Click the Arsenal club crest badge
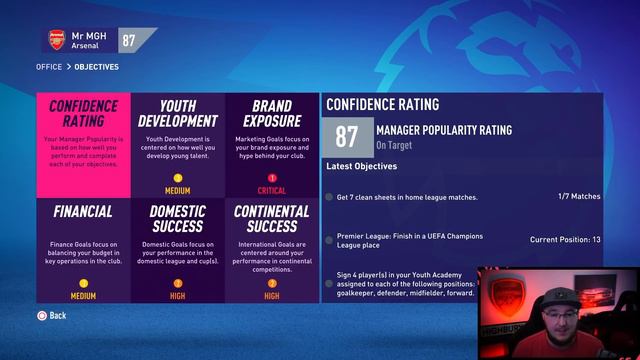(57, 40)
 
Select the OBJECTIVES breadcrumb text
(96, 67)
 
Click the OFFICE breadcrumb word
(48, 67)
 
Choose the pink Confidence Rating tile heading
(83, 114)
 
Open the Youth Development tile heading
(178, 114)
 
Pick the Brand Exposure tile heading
(272, 114)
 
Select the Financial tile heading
(83, 212)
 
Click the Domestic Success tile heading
(178, 219)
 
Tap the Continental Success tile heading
(272, 219)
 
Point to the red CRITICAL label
(272, 190)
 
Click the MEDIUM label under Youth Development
(178, 190)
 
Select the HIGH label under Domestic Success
(178, 296)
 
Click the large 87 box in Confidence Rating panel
(347, 137)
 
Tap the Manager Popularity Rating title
(443, 130)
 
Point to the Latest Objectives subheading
(361, 166)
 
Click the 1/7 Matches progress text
(577, 197)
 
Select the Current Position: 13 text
(565, 240)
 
